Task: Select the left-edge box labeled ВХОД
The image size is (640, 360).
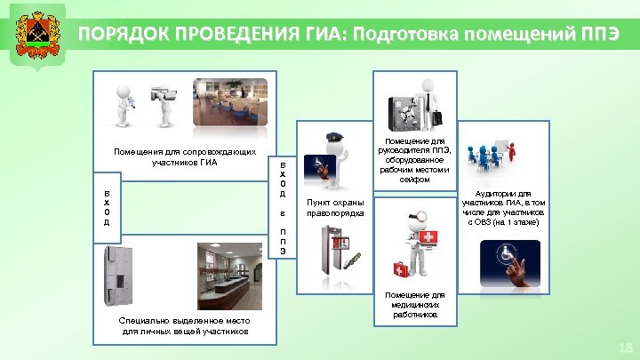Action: click(x=106, y=207)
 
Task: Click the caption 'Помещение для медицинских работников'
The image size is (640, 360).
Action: click(x=413, y=305)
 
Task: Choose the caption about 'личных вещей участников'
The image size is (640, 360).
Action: click(x=184, y=326)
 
